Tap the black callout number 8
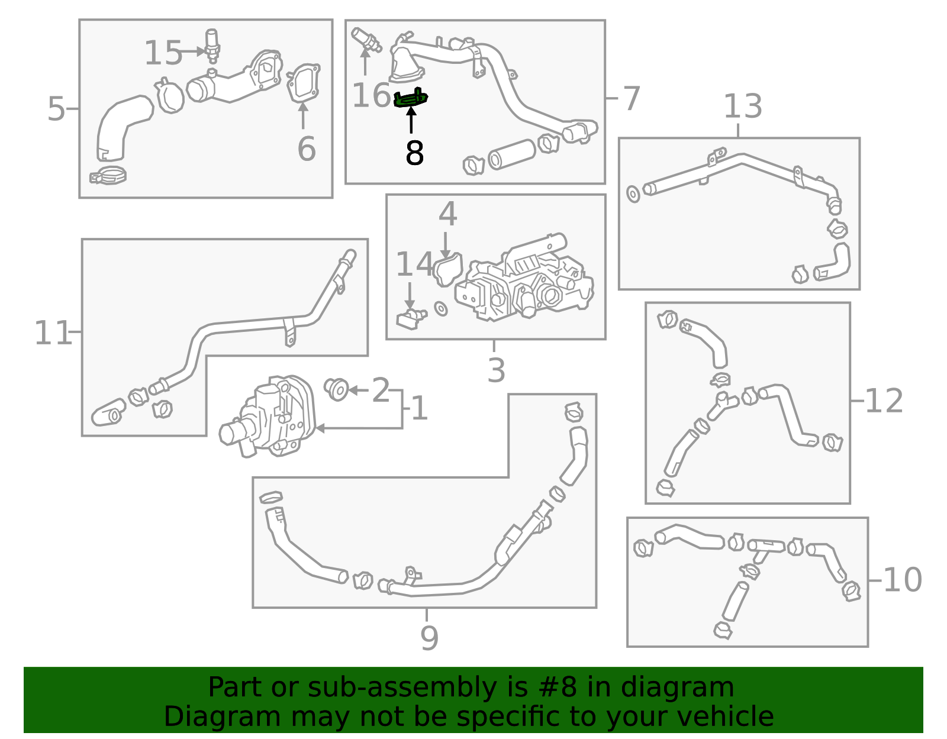[x=414, y=153]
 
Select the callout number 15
[x=163, y=53]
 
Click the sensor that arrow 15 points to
[x=212, y=46]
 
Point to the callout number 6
[x=306, y=149]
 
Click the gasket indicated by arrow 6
[x=303, y=83]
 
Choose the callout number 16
[x=371, y=95]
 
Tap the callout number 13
[x=743, y=106]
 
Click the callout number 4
[x=447, y=214]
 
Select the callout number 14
[x=414, y=264]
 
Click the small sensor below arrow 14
[x=411, y=319]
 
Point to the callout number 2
[x=381, y=390]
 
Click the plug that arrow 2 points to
[x=336, y=389]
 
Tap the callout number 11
[x=52, y=333]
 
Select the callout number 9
[x=429, y=638]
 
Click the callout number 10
[x=903, y=580]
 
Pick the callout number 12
[x=883, y=401]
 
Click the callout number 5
[x=56, y=109]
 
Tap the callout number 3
[x=496, y=370]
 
